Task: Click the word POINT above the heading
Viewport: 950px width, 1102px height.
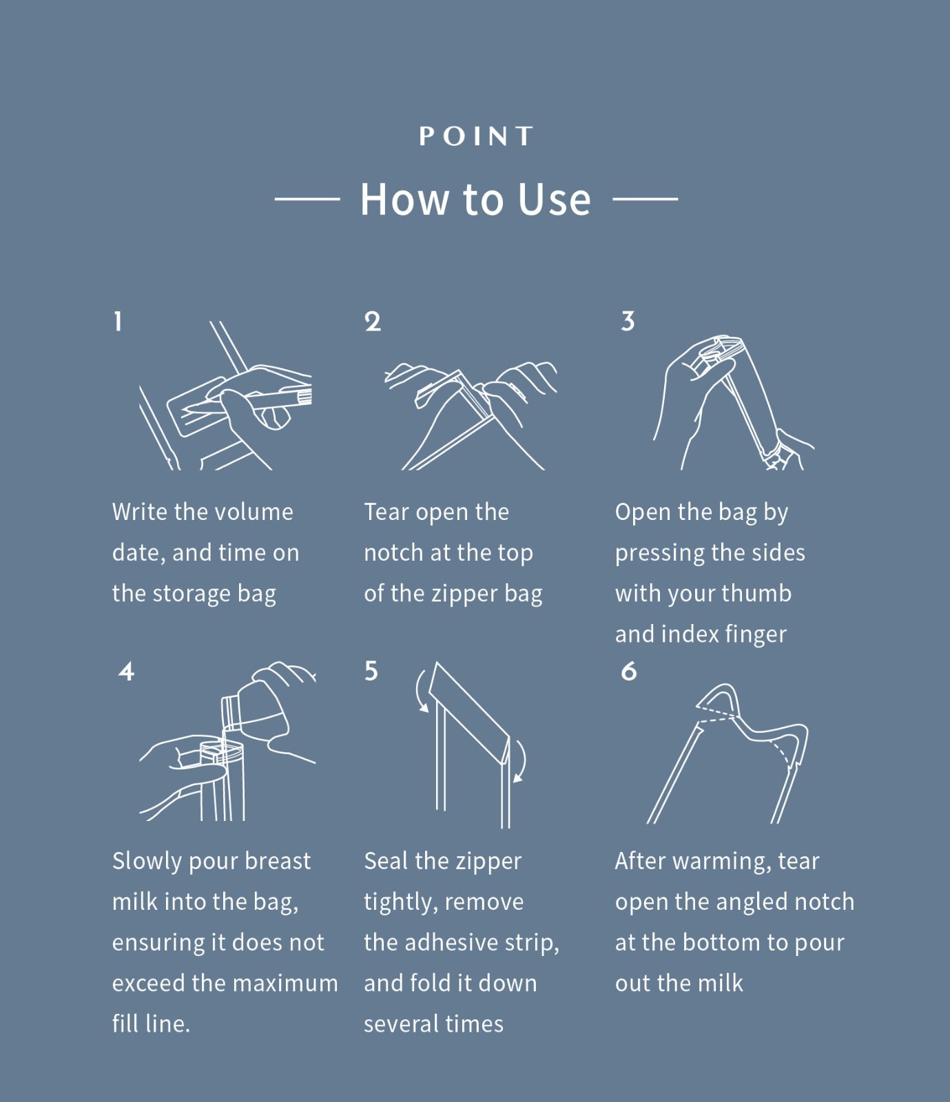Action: (476, 136)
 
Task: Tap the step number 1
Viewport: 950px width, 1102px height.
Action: (118, 321)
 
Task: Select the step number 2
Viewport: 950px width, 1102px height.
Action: (372, 322)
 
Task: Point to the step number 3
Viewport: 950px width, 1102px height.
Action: (628, 321)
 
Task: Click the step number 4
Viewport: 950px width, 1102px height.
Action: (126, 672)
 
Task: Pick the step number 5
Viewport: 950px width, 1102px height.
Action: (371, 671)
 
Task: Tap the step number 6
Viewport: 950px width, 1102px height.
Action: (629, 672)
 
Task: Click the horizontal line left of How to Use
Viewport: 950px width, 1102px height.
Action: (307, 199)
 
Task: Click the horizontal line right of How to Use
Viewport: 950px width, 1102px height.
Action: (646, 199)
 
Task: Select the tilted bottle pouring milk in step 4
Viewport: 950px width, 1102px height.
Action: (258, 706)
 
